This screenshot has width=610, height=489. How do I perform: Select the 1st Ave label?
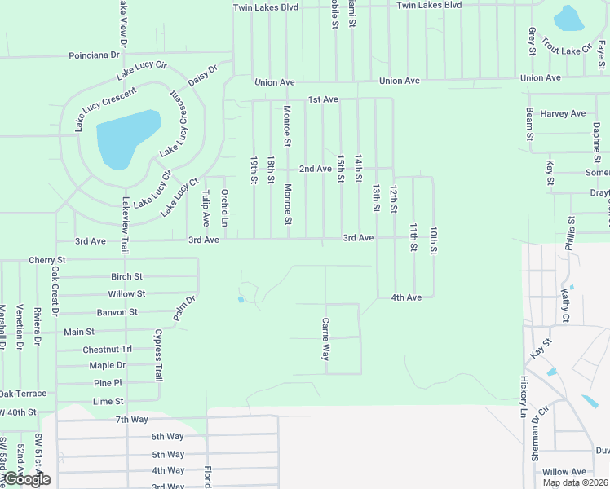click(323, 99)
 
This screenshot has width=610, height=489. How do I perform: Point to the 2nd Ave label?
click(315, 169)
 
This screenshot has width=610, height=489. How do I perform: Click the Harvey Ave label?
click(563, 114)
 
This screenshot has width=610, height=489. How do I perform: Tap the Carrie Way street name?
click(325, 340)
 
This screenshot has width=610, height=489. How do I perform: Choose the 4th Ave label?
click(406, 297)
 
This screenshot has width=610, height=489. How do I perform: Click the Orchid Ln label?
click(224, 209)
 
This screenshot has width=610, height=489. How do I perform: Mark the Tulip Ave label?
click(206, 209)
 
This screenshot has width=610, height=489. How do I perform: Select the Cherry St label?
click(46, 260)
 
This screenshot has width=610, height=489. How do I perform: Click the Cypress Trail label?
click(158, 356)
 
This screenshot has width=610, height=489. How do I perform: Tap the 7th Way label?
click(131, 419)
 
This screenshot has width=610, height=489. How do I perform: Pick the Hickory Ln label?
click(524, 397)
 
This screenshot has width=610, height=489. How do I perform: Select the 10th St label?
click(435, 240)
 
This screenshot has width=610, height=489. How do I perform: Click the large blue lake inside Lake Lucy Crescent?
click(126, 138)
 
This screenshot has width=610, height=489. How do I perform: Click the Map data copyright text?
click(576, 482)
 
